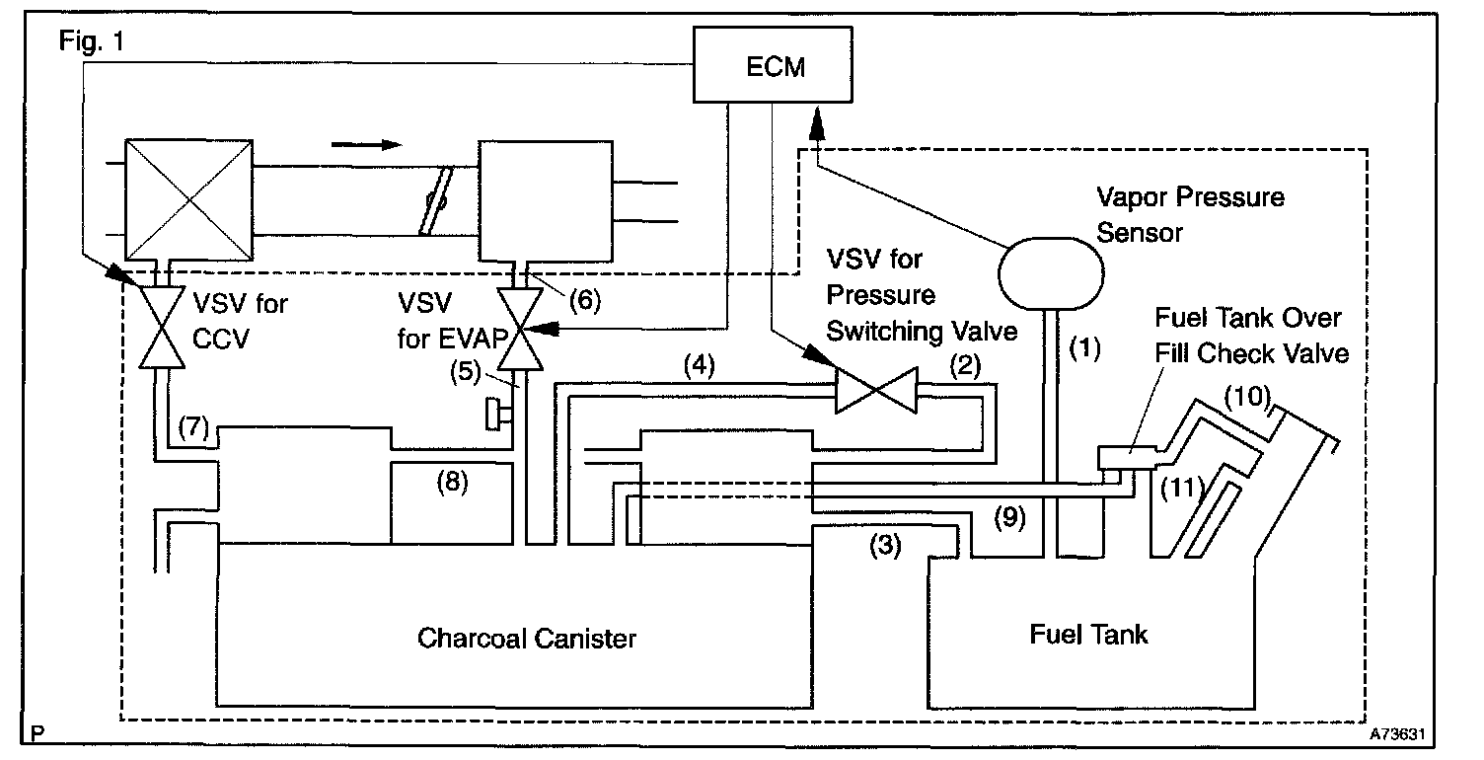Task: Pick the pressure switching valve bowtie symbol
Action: [x=875, y=390]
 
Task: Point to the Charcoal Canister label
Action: [x=527, y=638]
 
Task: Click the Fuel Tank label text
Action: [x=1088, y=633]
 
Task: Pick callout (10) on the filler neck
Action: [x=1245, y=398]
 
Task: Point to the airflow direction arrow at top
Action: [x=366, y=144]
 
